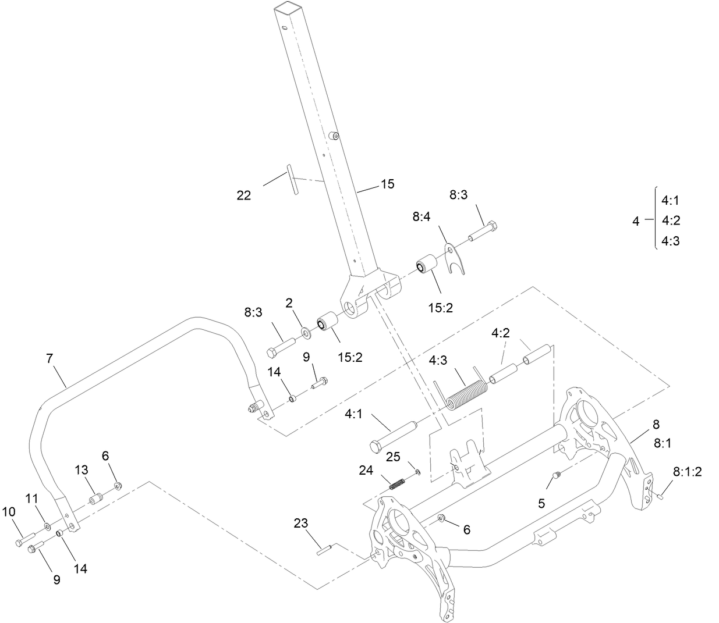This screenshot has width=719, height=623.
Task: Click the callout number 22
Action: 244,195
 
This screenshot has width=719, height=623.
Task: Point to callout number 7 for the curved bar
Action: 49,359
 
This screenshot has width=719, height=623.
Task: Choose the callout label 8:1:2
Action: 688,471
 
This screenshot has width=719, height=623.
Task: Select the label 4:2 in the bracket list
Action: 671,220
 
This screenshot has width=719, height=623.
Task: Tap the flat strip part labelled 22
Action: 292,180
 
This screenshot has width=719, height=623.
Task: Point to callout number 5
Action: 541,503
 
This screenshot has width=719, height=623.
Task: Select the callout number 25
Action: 394,457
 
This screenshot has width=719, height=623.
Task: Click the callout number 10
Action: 9,512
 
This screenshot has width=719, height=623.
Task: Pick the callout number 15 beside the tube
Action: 387,184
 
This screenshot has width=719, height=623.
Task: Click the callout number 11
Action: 31,498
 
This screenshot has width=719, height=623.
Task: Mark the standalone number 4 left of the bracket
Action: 636,221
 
